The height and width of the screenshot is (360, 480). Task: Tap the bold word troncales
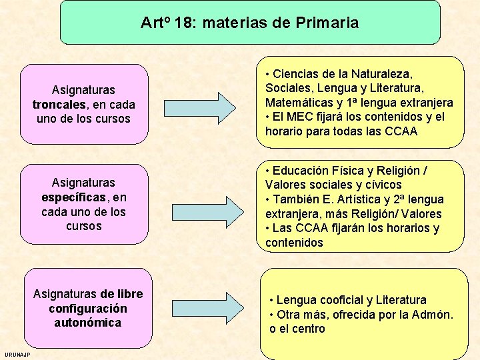coord(59,105)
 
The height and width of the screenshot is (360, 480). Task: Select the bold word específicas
coord(73,197)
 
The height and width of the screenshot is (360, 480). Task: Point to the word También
coord(296,200)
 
